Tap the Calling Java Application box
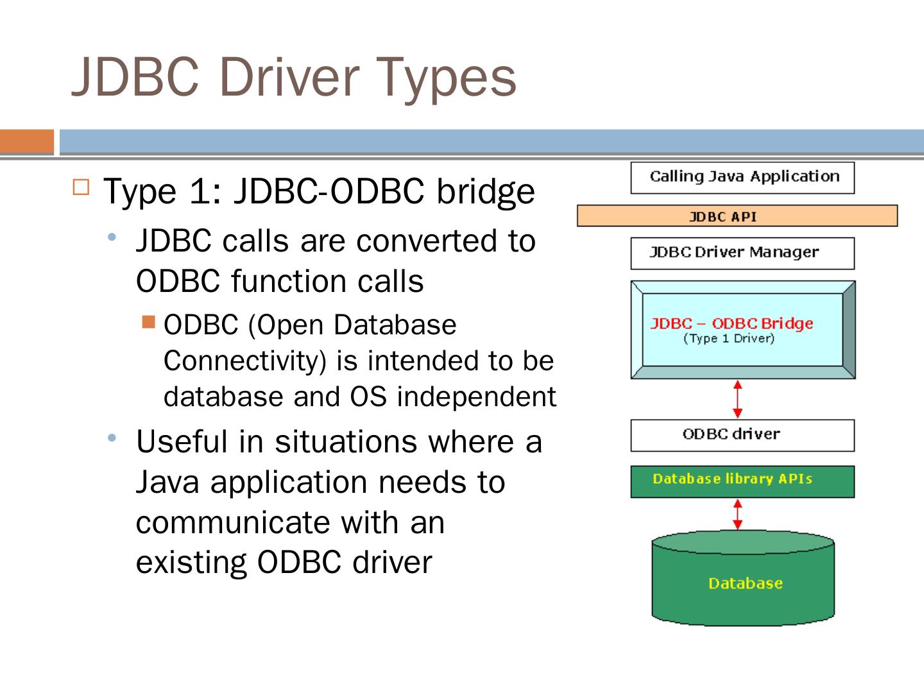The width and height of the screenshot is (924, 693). tap(742, 177)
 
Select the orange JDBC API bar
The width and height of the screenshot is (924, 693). tap(737, 216)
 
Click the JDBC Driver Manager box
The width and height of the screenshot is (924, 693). tap(742, 253)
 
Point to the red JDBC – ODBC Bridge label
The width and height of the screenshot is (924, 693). tap(732, 323)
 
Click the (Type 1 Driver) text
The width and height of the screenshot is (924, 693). tap(728, 338)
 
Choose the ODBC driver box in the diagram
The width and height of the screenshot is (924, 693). tap(742, 435)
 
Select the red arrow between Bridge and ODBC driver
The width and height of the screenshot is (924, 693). tap(738, 398)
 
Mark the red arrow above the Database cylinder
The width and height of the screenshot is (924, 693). tap(738, 515)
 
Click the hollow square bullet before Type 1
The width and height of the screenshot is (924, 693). tap(80, 187)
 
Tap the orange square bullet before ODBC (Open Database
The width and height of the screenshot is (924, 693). tap(149, 321)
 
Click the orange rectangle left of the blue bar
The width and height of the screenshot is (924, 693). tap(27, 142)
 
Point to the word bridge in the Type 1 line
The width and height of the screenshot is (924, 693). tap(486, 191)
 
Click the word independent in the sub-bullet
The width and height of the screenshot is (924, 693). tap(476, 397)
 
